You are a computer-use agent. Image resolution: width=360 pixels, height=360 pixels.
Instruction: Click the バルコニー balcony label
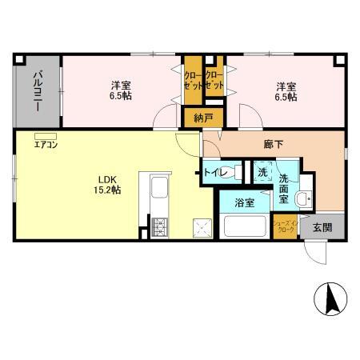[38, 90]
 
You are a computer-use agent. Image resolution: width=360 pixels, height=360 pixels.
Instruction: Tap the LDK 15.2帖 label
[110, 184]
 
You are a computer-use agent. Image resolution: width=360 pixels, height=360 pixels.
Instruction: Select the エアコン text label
[45, 145]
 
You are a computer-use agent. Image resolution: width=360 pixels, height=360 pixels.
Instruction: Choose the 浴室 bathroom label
[246, 203]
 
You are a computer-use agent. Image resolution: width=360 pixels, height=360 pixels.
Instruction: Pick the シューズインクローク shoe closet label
[285, 226]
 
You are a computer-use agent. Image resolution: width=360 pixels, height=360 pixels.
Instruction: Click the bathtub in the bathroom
[247, 226]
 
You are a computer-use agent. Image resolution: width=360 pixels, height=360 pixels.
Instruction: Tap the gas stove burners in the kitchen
[157, 226]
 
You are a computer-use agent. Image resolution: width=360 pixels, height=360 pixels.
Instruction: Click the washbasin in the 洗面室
[304, 199]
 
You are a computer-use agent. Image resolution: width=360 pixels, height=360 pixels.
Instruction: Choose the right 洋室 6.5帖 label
[285, 90]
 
